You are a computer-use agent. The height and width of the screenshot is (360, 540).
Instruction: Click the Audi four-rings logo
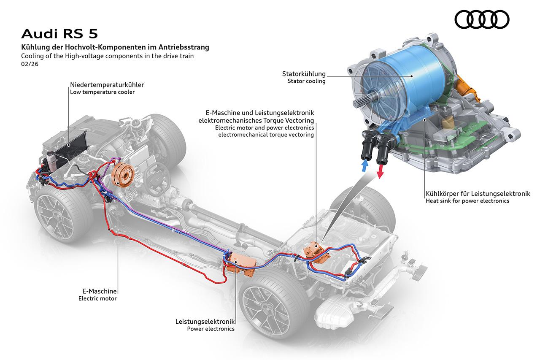click(x=482, y=19)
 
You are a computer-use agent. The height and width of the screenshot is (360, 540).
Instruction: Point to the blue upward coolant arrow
click(x=364, y=165)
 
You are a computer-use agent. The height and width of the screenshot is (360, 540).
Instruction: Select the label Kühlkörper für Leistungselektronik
click(x=478, y=194)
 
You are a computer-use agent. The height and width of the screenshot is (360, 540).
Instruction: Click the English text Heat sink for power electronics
click(x=467, y=201)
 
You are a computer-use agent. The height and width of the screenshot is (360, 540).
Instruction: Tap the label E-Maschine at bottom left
click(x=100, y=291)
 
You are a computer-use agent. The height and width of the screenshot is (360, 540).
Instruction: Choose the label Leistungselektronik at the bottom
click(x=205, y=322)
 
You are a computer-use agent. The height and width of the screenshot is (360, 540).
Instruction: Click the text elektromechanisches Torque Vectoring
click(x=256, y=120)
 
